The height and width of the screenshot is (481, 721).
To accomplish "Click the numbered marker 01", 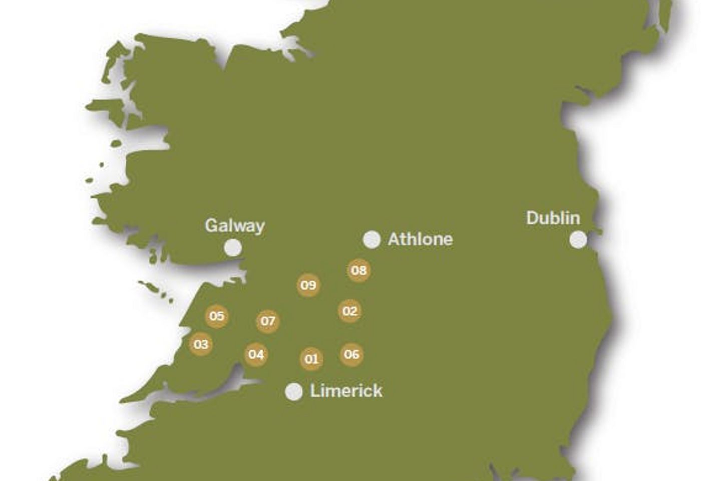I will tap(311, 359).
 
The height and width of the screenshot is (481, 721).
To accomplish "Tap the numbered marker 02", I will tap(350, 311).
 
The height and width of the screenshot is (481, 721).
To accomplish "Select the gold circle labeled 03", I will tap(201, 344).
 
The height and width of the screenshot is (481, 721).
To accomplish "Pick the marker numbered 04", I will tap(256, 355).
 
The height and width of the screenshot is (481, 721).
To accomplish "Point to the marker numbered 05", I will tap(217, 316).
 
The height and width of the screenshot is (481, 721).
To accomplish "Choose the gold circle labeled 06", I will tap(351, 355).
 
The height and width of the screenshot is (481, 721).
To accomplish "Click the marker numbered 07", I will tap(268, 321).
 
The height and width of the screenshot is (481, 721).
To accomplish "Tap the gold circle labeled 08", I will tap(358, 271).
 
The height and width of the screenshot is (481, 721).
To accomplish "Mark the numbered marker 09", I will tap(308, 286).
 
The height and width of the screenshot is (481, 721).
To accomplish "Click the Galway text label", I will tap(234, 226).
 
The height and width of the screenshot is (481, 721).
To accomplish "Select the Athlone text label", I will tap(420, 239).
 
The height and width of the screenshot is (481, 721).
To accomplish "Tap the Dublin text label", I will tap(553, 218).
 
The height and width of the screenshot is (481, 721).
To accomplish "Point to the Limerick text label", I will tap(346, 391).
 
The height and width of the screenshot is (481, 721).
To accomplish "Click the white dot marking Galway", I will tap(232, 248).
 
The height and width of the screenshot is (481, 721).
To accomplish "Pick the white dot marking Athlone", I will tap(372, 239).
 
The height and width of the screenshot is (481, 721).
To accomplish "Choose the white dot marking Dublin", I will tap(578, 240).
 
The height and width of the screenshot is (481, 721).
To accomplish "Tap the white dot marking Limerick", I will tap(294, 392).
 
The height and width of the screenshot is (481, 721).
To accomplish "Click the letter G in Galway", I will tap(212, 225).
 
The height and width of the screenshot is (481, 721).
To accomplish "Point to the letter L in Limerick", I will tap(314, 391).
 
